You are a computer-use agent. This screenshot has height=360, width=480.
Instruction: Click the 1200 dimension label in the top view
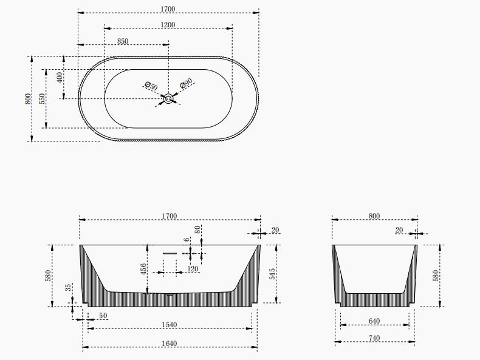click(x=168, y=25)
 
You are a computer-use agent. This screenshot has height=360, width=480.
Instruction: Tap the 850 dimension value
click(x=123, y=41)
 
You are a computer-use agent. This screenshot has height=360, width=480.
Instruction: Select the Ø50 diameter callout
click(x=151, y=86)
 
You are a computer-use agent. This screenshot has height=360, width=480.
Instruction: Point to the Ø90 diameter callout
click(x=186, y=83)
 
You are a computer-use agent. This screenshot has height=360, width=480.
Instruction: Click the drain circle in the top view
click(x=168, y=98)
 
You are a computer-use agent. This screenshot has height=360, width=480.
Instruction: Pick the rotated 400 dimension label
click(x=60, y=76)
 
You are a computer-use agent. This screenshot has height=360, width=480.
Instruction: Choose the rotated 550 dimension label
click(x=43, y=98)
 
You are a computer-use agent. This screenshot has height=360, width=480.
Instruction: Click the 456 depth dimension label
click(x=143, y=269)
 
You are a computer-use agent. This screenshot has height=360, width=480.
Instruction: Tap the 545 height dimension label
click(x=272, y=274)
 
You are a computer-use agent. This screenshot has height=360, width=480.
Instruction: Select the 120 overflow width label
click(x=192, y=269)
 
